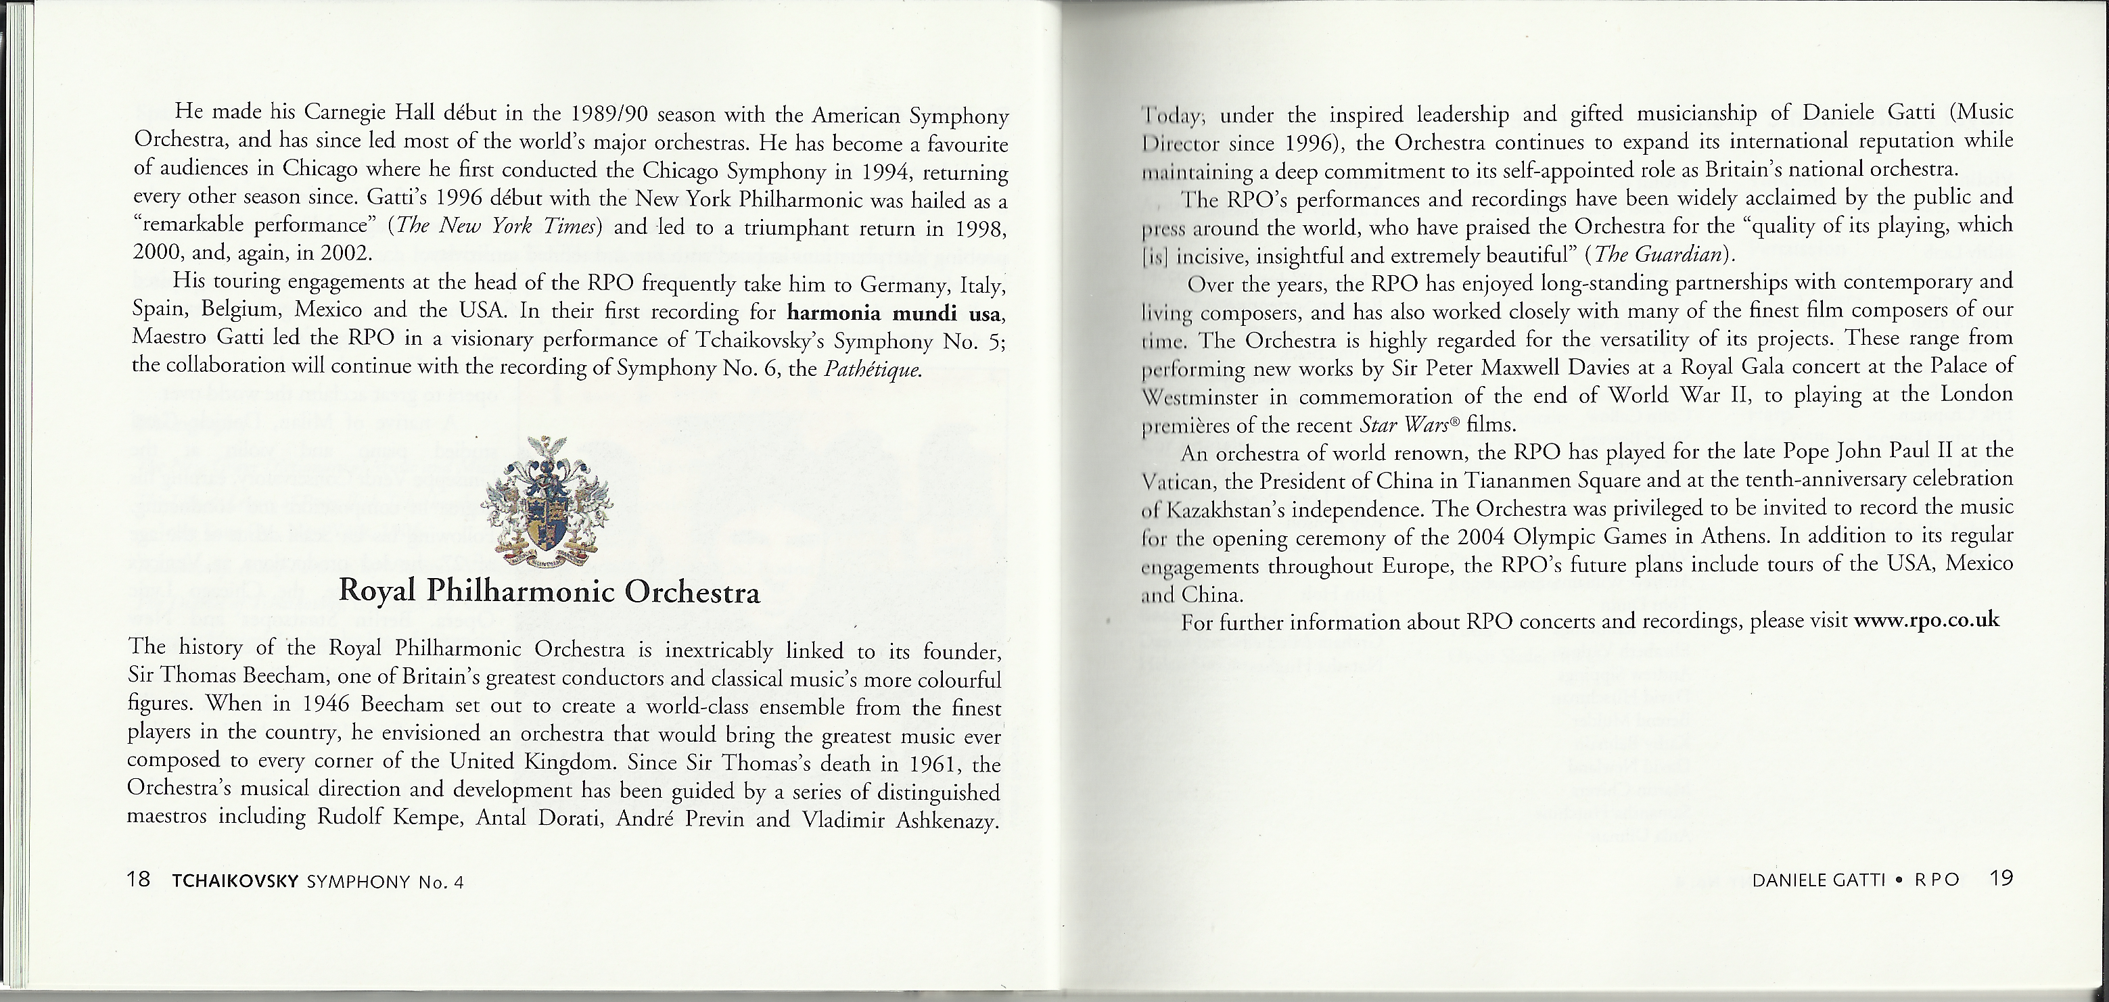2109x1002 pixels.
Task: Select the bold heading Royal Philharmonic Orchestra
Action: click(x=549, y=591)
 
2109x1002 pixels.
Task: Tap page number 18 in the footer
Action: click(x=139, y=881)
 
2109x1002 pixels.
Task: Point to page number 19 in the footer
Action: click(x=2001, y=879)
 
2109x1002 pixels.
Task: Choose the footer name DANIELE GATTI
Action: click(x=1817, y=881)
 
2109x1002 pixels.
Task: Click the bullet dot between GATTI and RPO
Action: click(x=1898, y=881)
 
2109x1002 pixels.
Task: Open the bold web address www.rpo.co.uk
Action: click(x=1926, y=620)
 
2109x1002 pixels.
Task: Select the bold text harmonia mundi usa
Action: click(x=896, y=314)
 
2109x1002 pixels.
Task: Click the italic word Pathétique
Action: click(x=873, y=369)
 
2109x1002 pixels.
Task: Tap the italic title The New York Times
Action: click(x=495, y=226)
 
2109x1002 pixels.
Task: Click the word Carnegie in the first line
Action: click(x=348, y=112)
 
